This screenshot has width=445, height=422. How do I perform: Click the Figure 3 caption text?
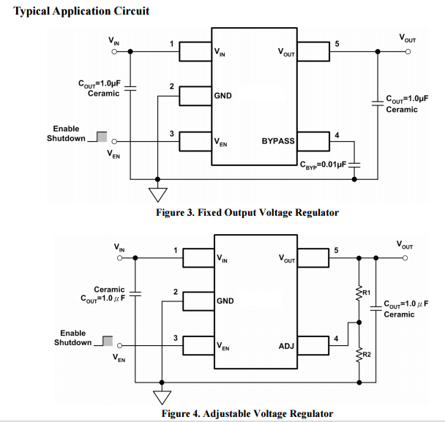tap(247, 212)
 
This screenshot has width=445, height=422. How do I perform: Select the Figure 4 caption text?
tap(247, 414)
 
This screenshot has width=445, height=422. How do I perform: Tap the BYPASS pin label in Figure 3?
tap(278, 140)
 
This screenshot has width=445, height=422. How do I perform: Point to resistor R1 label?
tap(367, 293)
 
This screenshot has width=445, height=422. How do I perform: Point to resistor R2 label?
tap(367, 355)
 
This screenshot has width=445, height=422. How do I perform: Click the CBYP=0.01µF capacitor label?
tap(322, 164)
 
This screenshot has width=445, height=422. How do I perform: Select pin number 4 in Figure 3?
tap(337, 135)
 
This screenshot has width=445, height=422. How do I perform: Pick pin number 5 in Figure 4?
tap(336, 251)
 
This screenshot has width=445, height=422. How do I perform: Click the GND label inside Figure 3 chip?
tap(223, 96)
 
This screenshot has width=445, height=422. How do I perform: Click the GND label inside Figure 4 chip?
tap(225, 301)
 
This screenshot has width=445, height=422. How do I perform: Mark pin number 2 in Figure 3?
tap(171, 87)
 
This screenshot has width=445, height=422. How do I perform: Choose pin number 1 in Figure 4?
tap(175, 250)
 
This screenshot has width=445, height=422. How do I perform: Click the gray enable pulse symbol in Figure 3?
tap(101, 137)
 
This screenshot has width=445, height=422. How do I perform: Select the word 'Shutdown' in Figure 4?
tap(73, 342)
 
